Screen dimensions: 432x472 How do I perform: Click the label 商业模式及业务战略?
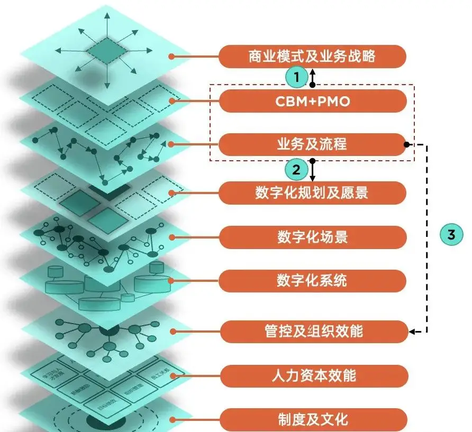click(x=312, y=56)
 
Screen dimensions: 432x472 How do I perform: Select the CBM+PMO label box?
click(x=312, y=101)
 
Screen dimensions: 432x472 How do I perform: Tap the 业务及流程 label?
click(x=312, y=144)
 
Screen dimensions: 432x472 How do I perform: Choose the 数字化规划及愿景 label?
click(x=312, y=192)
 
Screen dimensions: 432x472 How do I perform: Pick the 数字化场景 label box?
click(x=312, y=237)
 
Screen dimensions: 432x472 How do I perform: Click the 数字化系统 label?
click(x=312, y=280)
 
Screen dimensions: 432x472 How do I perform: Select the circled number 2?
click(x=296, y=170)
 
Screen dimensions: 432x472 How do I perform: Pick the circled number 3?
click(x=451, y=235)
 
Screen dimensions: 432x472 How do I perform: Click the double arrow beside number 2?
click(x=313, y=170)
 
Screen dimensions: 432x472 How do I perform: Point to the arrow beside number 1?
click(x=313, y=77)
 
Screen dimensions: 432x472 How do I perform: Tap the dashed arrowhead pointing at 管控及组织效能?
click(x=412, y=332)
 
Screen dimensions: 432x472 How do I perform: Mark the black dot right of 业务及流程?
click(x=406, y=144)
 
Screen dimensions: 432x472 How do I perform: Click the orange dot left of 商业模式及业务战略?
click(x=170, y=56)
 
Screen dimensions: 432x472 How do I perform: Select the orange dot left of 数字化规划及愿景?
click(x=171, y=192)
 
